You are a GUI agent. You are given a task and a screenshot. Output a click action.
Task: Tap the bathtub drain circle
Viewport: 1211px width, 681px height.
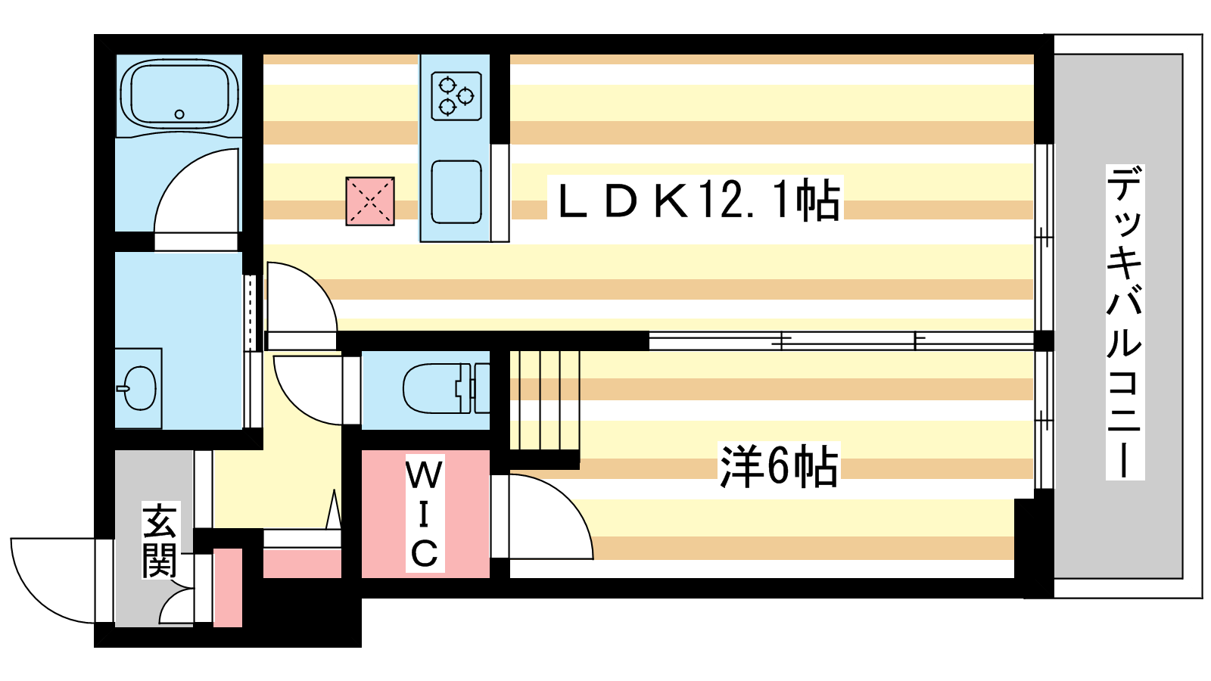(179, 114)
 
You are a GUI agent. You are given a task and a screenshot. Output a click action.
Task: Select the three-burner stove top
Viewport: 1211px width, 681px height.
(456, 96)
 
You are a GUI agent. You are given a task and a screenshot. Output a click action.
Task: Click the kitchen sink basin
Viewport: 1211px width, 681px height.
(456, 191)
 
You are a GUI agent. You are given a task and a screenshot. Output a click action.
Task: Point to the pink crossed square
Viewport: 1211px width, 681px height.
(370, 201)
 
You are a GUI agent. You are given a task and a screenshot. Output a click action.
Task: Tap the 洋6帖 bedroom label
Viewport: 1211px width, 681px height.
(778, 466)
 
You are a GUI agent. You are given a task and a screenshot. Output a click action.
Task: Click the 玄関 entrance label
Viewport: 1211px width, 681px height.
(160, 540)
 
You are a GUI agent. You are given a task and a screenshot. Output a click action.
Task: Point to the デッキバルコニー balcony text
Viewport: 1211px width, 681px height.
(1125, 322)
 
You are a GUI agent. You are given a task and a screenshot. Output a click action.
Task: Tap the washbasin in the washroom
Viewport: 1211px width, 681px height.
(140, 388)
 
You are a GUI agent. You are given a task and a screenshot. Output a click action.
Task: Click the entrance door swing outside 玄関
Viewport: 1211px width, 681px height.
(49, 579)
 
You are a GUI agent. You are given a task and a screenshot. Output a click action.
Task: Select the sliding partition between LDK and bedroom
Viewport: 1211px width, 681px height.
(840, 341)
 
